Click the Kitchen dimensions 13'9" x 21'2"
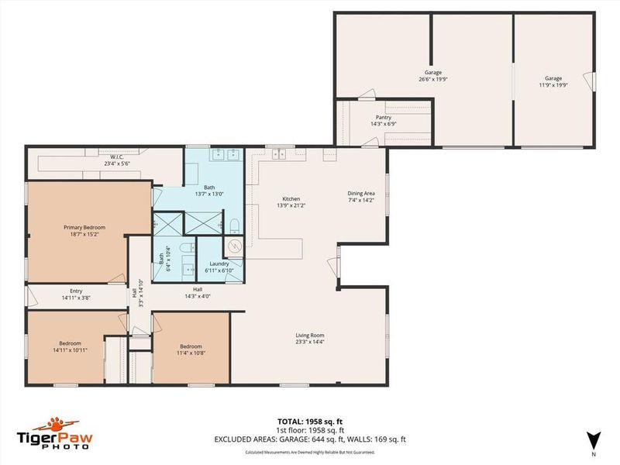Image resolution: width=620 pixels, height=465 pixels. [291, 205]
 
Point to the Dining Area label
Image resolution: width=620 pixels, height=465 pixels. [360, 195]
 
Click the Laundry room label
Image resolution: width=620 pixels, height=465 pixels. [219, 263]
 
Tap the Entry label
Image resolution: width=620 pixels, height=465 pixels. [76, 291]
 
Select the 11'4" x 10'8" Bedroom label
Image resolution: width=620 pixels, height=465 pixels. [191, 346]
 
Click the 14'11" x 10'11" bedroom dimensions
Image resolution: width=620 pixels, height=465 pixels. [71, 350]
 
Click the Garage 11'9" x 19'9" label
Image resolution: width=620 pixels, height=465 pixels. [553, 78]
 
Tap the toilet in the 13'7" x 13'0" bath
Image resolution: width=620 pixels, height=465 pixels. [234, 225]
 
